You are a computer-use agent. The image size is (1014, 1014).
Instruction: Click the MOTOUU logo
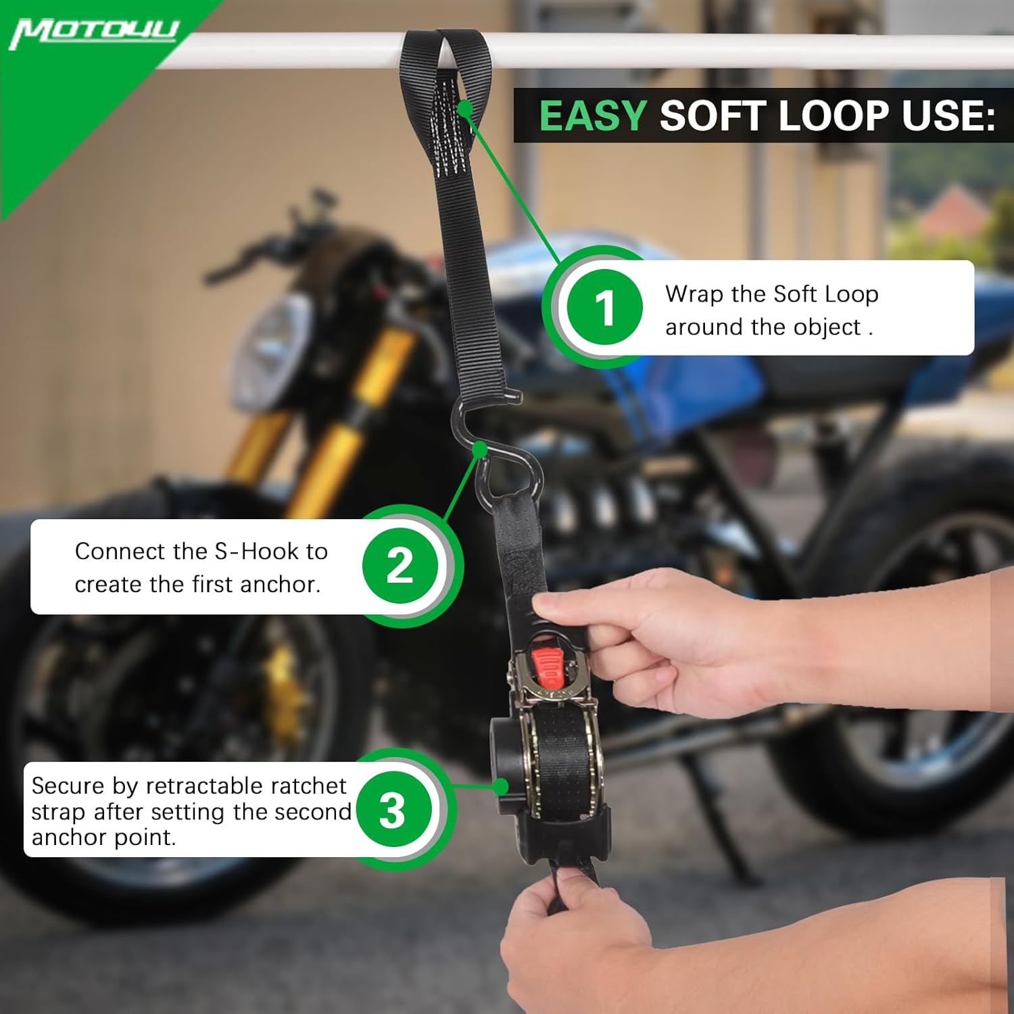[94, 32]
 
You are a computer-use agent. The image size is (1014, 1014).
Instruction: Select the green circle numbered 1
[604, 308]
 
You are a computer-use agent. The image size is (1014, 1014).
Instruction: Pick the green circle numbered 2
[400, 566]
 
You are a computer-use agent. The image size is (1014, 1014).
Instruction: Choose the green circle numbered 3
[393, 809]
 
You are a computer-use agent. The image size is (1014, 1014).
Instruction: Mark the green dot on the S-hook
[481, 449]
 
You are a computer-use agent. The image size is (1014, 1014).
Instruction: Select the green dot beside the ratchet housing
[501, 786]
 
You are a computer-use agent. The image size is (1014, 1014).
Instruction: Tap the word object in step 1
[827, 328]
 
